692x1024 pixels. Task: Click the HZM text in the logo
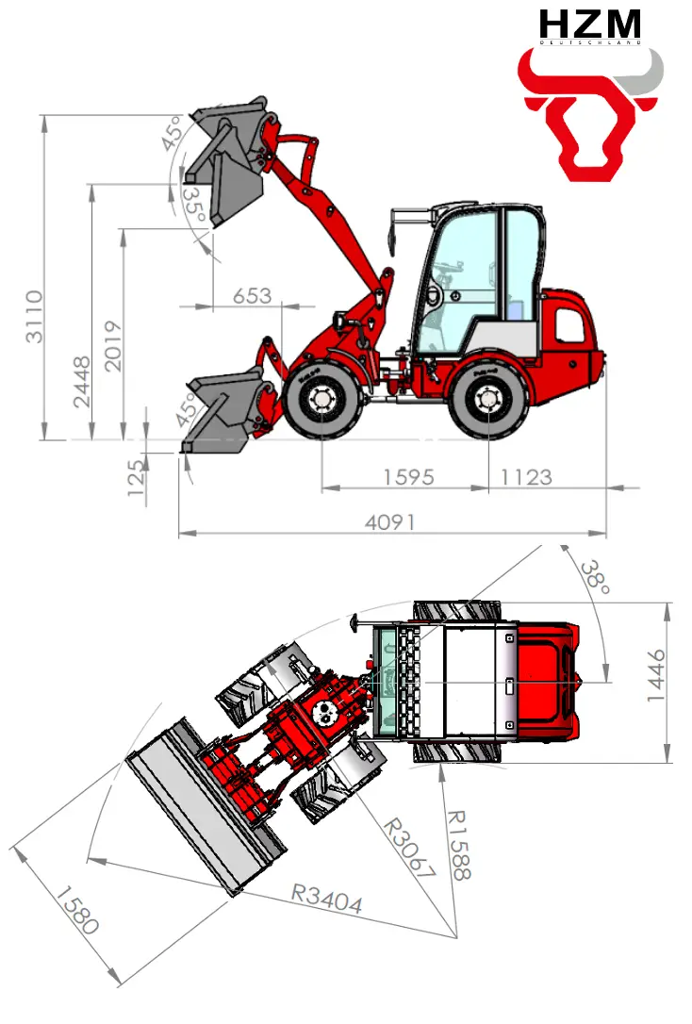pyautogui.click(x=589, y=25)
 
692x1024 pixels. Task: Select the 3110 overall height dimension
pyautogui.click(x=34, y=317)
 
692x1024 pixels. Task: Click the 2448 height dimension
pyautogui.click(x=82, y=382)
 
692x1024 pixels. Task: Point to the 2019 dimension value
pyautogui.click(x=113, y=346)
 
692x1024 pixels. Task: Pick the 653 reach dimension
pyautogui.click(x=252, y=296)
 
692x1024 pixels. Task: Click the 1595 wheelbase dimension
pyautogui.click(x=408, y=477)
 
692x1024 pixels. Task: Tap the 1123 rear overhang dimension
pyautogui.click(x=526, y=477)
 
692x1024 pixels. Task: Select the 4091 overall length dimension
pyautogui.click(x=389, y=522)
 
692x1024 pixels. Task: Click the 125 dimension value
pyautogui.click(x=136, y=478)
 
